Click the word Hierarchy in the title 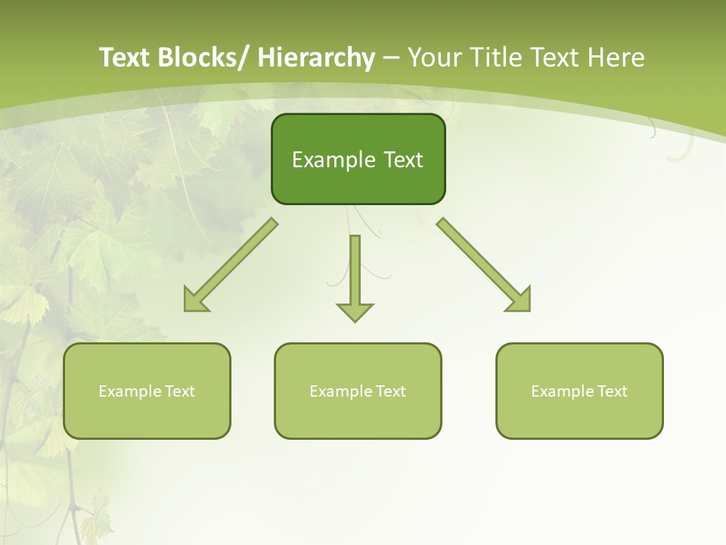click(x=316, y=58)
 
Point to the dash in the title click(x=391, y=58)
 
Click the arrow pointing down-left click(x=231, y=265)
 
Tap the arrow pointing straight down click(x=355, y=276)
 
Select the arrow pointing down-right click(x=484, y=265)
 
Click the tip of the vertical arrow click(x=355, y=320)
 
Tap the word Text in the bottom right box click(x=612, y=391)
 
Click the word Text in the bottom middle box click(x=390, y=391)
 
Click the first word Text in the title click(x=124, y=58)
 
